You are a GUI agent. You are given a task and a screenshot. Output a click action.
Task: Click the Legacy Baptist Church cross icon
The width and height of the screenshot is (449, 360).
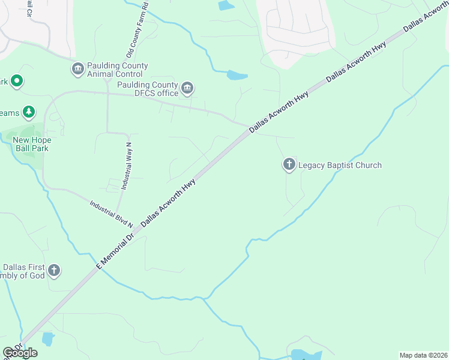[289, 164]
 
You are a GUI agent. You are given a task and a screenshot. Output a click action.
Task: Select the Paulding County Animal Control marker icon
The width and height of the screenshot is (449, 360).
[77, 70]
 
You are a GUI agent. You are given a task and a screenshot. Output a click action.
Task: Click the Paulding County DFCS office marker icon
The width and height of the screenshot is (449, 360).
[187, 89]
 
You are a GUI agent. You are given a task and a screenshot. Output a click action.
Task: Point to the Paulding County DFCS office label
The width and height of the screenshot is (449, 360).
[148, 89]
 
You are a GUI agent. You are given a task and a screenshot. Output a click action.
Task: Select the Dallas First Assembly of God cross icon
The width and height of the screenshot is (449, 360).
[54, 271]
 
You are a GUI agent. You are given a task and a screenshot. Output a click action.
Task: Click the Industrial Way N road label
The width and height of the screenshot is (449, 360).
[127, 163]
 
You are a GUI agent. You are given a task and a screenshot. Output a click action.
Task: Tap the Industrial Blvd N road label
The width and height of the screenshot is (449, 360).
[111, 213]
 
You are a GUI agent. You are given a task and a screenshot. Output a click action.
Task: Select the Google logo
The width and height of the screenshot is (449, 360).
[20, 353]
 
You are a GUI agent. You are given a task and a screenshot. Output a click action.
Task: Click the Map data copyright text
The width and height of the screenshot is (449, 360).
[423, 355]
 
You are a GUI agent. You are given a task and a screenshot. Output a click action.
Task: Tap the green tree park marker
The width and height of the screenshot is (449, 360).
[28, 112]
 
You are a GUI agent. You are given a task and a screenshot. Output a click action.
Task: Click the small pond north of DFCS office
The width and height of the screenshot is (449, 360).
[237, 76]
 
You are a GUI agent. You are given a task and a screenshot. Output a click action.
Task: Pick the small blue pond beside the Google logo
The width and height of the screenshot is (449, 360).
[47, 339]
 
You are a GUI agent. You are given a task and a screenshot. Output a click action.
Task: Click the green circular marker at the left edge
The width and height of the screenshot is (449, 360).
[17, 80]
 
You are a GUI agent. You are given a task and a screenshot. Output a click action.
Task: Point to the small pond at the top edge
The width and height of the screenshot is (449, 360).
[226, 5]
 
